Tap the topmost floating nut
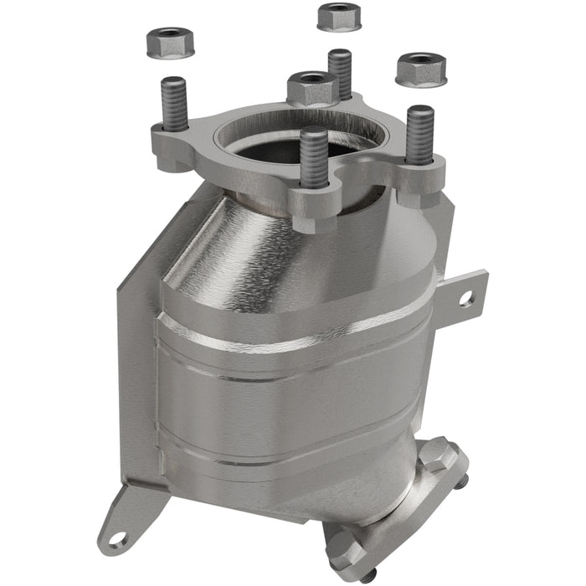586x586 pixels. pos(339,16)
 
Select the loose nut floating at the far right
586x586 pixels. pos(420,69)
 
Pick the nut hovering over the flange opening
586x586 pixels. pos(311,87)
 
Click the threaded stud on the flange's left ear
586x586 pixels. pos(172,105)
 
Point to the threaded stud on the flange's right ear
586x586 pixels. pos(419,134)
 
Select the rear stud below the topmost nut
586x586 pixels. pos(340,74)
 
